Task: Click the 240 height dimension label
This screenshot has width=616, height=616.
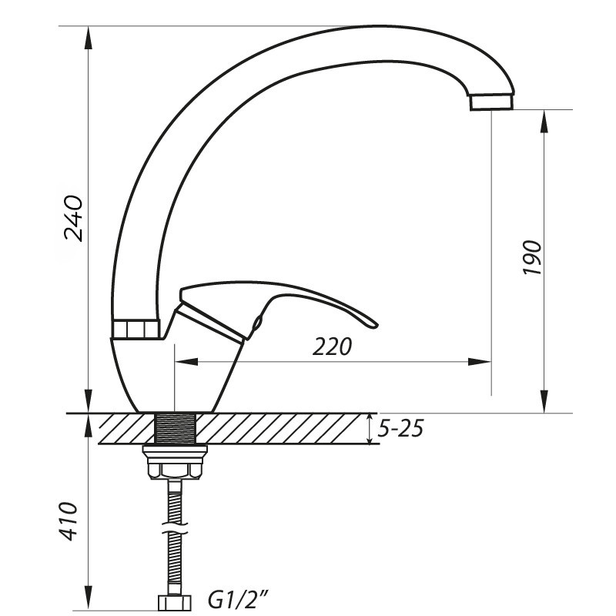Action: coord(73,218)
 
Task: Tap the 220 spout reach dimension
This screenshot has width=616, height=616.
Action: coord(332,346)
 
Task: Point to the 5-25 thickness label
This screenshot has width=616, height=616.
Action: coord(400,428)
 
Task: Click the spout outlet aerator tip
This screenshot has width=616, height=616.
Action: coord(490,102)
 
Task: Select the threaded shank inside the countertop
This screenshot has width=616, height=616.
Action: coord(176,428)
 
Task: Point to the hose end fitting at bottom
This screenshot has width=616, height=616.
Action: coord(176,601)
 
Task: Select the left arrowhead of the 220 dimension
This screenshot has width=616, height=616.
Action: coord(185,360)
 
